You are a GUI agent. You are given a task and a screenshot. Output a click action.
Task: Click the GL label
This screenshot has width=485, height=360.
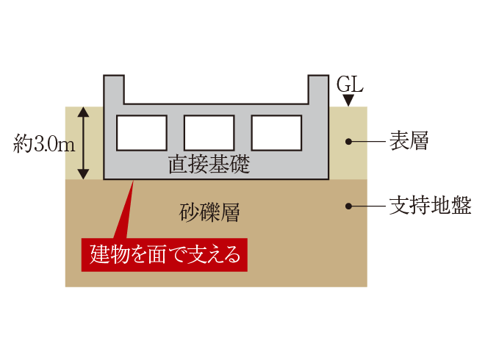[x=350, y=84]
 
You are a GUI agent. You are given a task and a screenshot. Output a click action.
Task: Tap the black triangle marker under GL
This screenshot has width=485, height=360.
[x=348, y=101]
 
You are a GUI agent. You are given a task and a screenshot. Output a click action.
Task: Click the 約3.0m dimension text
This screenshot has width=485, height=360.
[x=44, y=143]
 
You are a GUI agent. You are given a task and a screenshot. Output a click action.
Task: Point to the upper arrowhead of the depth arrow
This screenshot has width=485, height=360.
[x=83, y=112]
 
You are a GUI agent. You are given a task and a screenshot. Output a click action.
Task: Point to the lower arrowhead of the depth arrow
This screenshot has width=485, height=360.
[x=83, y=174]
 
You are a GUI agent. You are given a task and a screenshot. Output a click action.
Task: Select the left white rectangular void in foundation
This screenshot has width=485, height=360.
[x=142, y=133]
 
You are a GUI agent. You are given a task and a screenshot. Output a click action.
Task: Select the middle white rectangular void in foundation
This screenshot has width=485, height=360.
[x=209, y=133]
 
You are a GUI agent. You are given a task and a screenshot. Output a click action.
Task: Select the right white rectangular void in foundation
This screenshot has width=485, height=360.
[x=276, y=133]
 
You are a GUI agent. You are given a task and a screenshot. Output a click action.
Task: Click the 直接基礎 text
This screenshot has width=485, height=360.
[x=209, y=164]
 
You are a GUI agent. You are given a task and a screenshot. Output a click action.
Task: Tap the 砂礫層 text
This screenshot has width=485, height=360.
[x=209, y=212]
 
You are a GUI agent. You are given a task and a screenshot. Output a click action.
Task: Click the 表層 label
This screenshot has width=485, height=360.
[x=409, y=141]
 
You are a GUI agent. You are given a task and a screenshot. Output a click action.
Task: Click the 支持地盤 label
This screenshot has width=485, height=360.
[x=430, y=206]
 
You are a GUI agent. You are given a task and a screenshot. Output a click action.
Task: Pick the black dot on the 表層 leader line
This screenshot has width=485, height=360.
[x=348, y=141]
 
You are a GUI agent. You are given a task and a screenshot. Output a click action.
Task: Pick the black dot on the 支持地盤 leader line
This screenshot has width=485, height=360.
[x=348, y=206]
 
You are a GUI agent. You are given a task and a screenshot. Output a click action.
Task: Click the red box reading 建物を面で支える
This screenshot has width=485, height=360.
[x=165, y=255]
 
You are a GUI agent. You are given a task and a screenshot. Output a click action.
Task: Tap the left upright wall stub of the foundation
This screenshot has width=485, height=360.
[x=114, y=90]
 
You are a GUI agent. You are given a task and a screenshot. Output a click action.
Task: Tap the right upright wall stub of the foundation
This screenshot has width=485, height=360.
[x=318, y=90]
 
